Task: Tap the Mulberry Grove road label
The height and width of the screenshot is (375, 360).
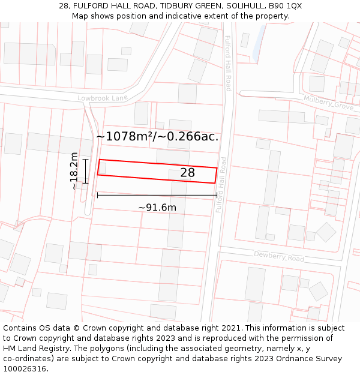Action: [329, 103]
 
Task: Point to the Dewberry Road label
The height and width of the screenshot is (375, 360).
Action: [279, 257]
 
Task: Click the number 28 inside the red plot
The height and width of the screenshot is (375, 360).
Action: [188, 173]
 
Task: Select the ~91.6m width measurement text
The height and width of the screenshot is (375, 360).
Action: [157, 208]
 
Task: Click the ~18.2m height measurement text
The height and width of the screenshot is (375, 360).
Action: [74, 171]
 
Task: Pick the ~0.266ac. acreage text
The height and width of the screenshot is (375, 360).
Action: [188, 137]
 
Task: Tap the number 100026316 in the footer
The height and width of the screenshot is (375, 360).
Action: [26, 369]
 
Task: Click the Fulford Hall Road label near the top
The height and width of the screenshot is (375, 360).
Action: [229, 63]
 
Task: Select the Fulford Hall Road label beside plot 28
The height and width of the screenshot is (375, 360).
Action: [223, 185]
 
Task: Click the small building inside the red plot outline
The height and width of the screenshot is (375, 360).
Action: [102, 169]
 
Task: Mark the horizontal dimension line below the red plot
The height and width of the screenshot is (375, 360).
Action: [157, 195]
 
